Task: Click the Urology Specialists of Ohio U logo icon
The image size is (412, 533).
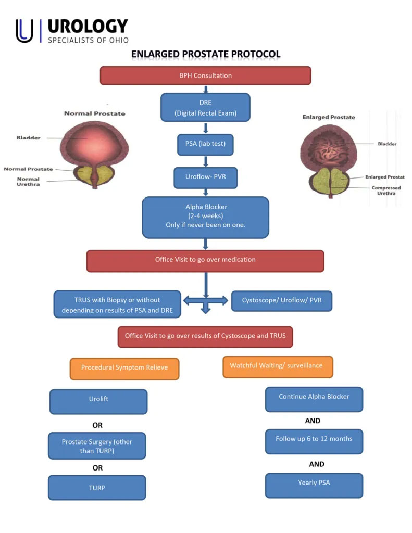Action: [24, 31]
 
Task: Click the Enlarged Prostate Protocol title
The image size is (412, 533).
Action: [206, 54]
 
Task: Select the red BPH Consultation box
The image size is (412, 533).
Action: [205, 75]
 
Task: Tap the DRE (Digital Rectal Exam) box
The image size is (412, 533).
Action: [205, 107]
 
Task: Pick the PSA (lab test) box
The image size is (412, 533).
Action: [205, 144]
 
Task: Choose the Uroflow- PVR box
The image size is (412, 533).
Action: [205, 177]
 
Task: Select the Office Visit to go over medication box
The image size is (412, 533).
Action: [205, 260]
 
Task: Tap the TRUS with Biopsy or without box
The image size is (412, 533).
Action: [117, 304]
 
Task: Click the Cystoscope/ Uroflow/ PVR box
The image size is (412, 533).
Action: [281, 301]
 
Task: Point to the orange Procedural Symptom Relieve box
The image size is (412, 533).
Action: [124, 368]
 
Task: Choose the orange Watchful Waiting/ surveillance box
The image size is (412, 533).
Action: [277, 366]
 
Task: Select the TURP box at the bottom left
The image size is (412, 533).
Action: [97, 488]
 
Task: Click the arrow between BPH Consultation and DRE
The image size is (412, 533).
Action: [206, 88]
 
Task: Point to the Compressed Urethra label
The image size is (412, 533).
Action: [386, 191]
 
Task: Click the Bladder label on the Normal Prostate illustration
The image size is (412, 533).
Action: [28, 138]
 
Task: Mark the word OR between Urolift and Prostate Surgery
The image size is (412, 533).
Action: [97, 425]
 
